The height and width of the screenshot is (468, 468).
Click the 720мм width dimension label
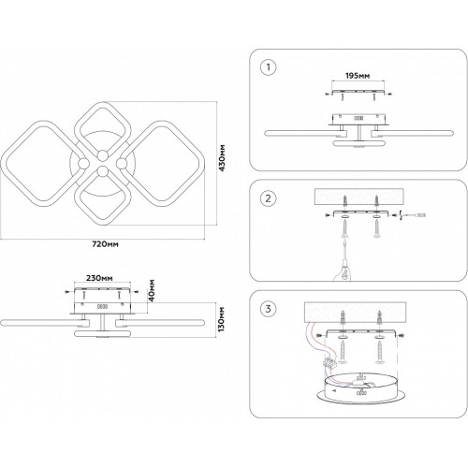pos(105,244)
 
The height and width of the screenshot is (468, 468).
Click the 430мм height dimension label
pos(222,157)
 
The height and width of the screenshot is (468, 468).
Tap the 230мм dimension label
pos(99,278)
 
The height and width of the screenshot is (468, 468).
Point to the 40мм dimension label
pos(152,290)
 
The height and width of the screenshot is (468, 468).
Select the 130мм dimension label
pos(222,319)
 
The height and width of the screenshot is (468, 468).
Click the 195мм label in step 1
pos(358,76)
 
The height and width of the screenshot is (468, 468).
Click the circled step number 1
pos(268,67)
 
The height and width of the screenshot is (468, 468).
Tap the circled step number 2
pos(268,198)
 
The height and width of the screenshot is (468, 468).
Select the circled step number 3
pos(268,309)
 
